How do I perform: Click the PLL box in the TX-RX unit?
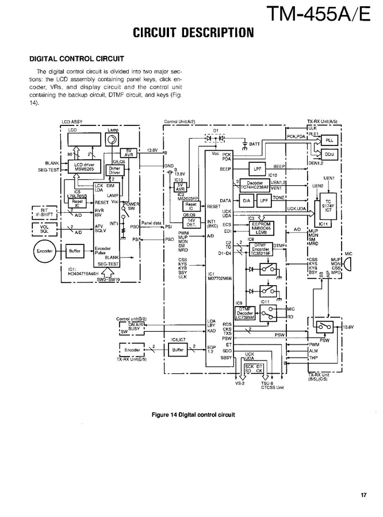pyautogui.click(x=329, y=140)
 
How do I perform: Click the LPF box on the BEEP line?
pyautogui.click(x=256, y=168)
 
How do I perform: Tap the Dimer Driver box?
pyautogui.click(x=114, y=170)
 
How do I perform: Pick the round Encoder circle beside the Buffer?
pyautogui.click(x=44, y=251)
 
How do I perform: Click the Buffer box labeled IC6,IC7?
pyautogui.click(x=178, y=349)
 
